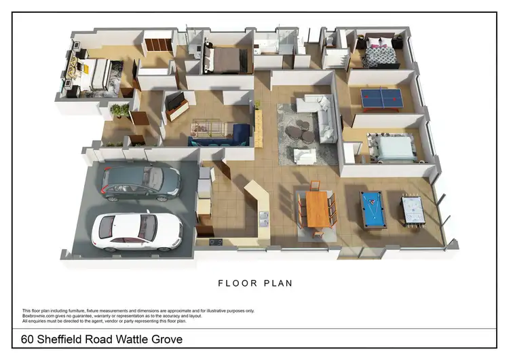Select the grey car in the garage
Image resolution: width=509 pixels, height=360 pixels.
pos(140,182)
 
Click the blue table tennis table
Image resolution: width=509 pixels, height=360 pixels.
pos(381,98)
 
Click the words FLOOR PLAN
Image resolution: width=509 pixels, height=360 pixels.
pos(254,283)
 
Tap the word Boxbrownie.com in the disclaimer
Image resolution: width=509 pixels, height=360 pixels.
pos(39,315)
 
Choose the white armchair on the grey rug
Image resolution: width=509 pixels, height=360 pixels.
pos(305,156)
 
